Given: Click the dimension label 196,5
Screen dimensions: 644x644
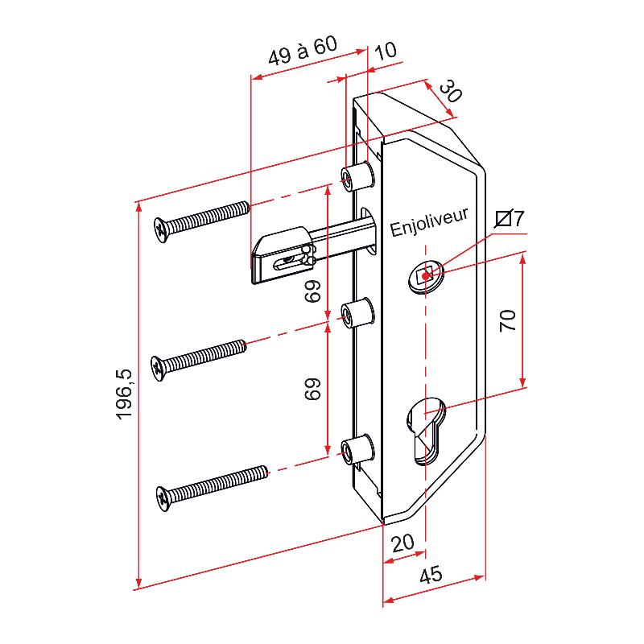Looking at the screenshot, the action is (125, 394).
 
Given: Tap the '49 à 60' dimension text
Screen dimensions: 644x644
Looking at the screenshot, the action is (303, 51).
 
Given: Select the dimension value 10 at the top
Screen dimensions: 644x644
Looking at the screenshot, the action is (386, 50).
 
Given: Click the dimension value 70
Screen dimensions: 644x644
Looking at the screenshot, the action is (508, 320).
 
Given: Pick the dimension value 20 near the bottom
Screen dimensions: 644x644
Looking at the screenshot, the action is (402, 543).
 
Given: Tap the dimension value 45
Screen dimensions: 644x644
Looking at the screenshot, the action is (431, 574).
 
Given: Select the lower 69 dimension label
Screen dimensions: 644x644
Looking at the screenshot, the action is (312, 389).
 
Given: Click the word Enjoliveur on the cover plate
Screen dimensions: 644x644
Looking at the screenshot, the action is (429, 222).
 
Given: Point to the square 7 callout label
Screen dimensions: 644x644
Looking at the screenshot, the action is (510, 218).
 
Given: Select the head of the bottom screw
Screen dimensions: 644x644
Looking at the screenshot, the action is (163, 498).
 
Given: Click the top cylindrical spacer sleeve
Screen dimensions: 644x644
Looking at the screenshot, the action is (357, 176).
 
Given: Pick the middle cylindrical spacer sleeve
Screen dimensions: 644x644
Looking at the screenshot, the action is (357, 314).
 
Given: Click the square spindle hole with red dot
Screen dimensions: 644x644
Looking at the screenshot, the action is (426, 276).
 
